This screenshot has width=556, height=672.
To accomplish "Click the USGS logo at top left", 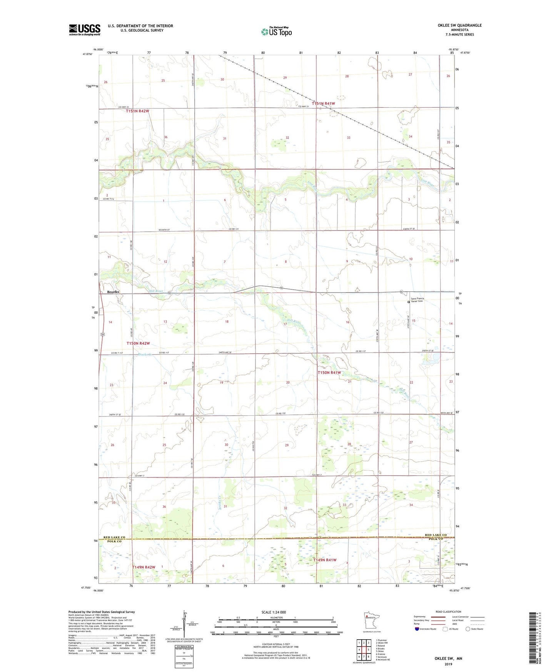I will click(84, 30).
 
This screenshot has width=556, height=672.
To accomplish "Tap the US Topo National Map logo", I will click(276, 31).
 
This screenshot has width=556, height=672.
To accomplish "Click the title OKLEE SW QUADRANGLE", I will click(459, 25).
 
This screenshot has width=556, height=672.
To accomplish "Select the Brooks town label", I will click(113, 292).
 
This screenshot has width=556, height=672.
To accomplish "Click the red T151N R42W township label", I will click(137, 111).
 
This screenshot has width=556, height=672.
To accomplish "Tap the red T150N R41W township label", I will click(329, 373).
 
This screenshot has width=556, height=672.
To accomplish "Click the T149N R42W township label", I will click(144, 567).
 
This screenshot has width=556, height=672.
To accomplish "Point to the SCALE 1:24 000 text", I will click(274, 612).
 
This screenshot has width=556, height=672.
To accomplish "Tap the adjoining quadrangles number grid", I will click(364, 649).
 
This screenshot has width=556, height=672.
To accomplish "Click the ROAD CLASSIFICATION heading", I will click(448, 612).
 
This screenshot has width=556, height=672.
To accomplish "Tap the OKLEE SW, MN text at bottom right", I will click(448, 659).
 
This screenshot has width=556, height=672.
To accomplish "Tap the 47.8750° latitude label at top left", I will click(88, 54).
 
